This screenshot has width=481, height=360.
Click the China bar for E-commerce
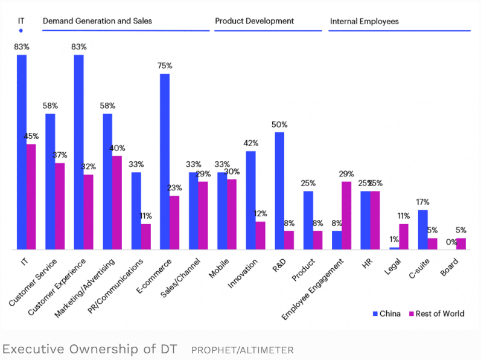coord(165,161)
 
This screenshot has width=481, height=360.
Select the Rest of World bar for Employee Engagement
coord(346,216)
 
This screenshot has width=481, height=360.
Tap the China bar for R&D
coord(279,190)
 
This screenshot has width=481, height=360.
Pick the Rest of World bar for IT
coord(31,196)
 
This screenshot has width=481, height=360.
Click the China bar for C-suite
coord(423,230)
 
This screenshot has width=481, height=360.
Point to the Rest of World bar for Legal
coord(404,237)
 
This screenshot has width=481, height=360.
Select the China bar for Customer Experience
coord(78,152)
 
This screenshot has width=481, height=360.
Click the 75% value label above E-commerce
coord(165,65)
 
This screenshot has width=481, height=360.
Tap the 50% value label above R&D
coord(279,124)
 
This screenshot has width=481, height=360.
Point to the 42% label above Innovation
coord(250,143)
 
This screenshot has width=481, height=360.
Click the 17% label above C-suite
coord(423,202)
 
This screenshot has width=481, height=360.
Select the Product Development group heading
coord(254,21)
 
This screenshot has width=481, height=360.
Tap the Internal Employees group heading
coord(364,21)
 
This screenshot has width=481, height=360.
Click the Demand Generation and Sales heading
coord(97,21)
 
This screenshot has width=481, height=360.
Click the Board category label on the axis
coord(450,266)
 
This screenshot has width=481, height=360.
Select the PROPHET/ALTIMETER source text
coord(242,349)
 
